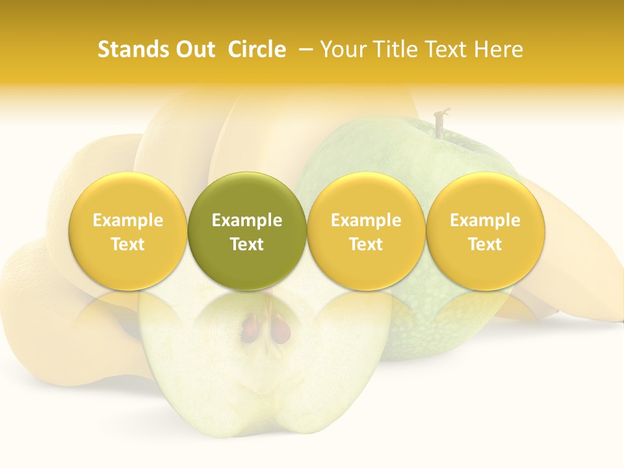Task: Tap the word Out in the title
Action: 193,49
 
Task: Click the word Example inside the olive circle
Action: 247,220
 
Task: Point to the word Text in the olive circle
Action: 247,244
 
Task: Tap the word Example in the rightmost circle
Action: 486,220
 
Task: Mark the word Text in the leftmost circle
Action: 127,244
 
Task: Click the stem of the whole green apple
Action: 439,124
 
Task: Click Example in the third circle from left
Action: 366,220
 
